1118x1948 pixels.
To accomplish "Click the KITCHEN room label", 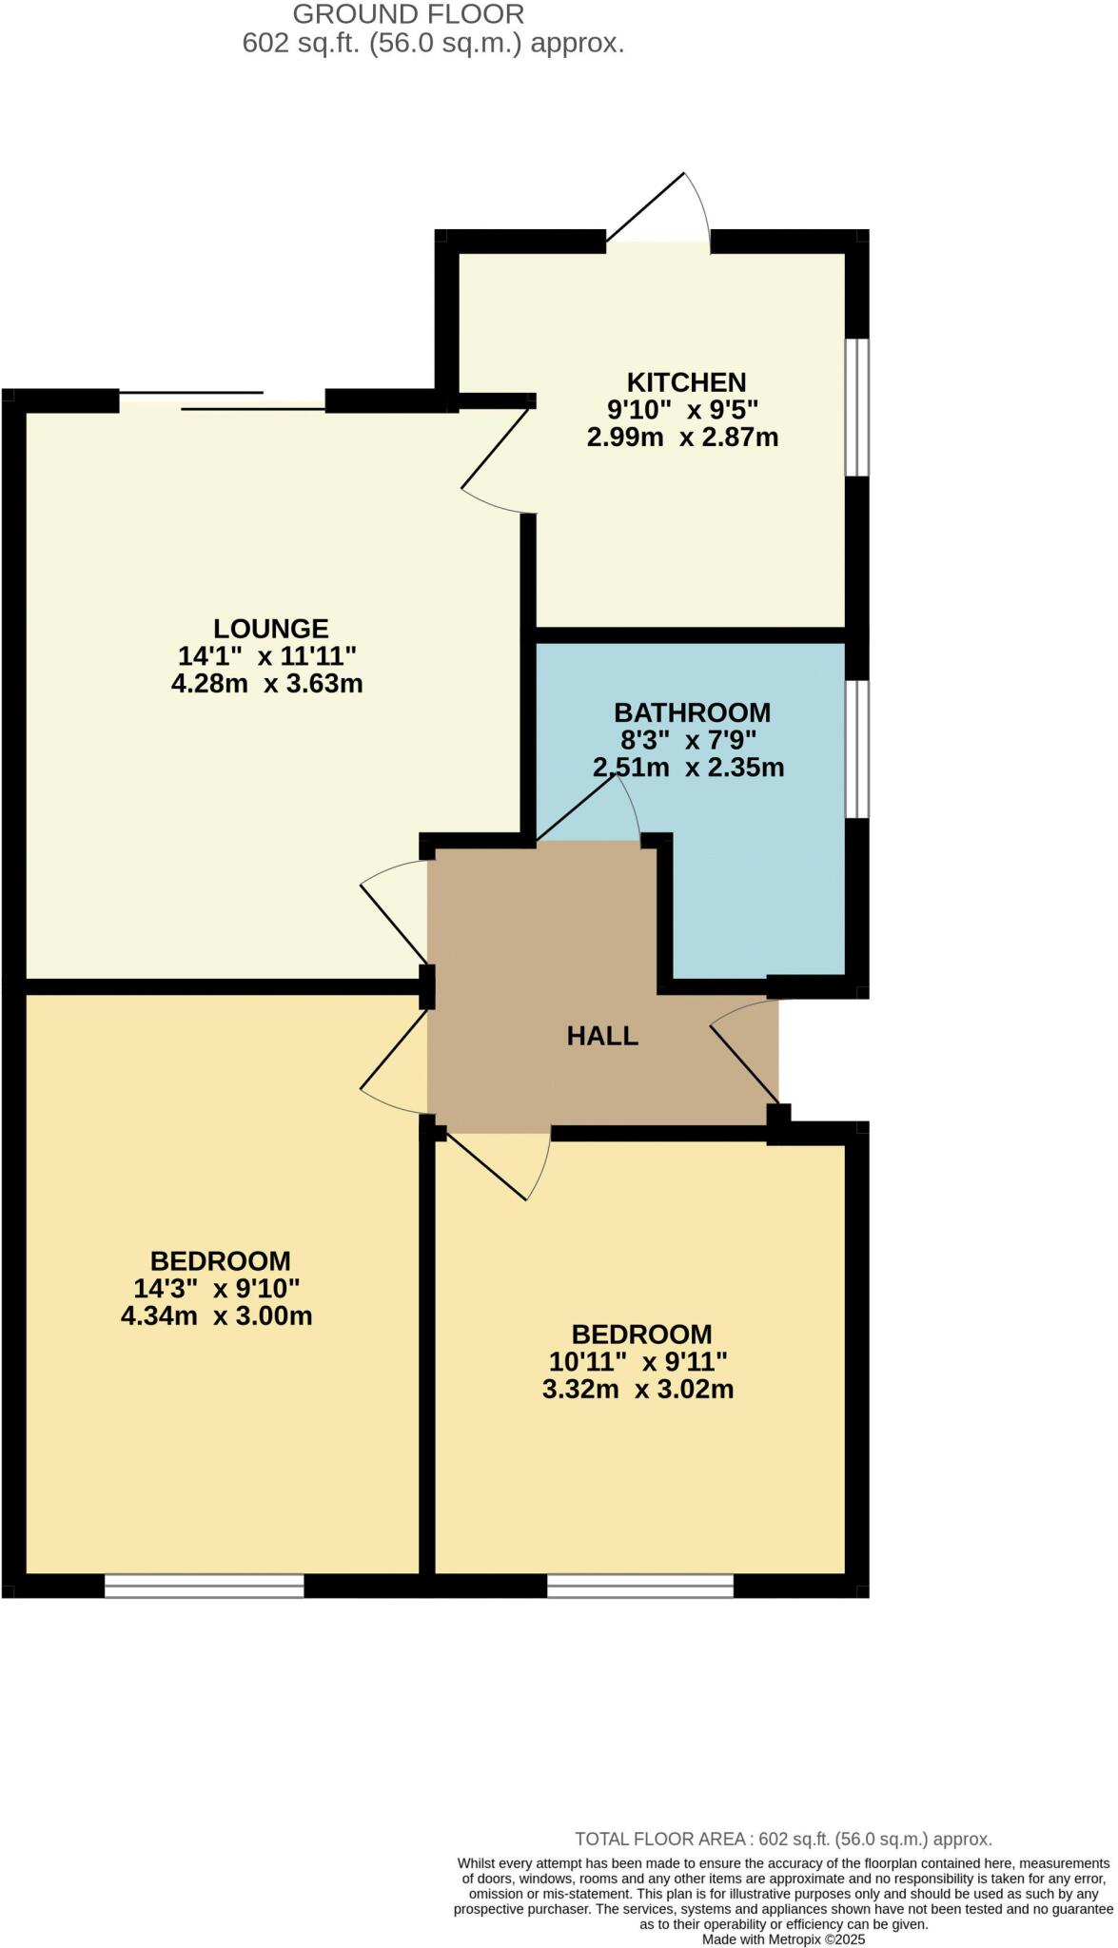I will tap(685, 382).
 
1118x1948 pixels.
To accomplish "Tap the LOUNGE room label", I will tap(270, 629).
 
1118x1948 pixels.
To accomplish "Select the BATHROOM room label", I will tap(692, 712).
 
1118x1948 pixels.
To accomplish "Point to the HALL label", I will tap(602, 1036).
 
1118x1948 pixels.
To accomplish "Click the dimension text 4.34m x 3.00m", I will tap(217, 1316).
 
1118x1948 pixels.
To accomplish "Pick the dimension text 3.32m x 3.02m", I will tap(637, 1390).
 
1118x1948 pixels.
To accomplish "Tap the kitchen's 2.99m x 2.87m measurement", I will tap(682, 438).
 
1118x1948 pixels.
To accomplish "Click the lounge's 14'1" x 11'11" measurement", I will tap(267, 656).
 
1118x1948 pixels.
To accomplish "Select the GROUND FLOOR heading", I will tap(408, 14).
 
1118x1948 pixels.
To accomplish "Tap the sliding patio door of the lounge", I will tap(223, 400).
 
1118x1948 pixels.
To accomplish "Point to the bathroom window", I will tap(857, 749).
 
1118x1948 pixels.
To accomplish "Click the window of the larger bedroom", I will tap(204, 1586).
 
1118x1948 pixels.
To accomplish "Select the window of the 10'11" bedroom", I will tap(640, 1586).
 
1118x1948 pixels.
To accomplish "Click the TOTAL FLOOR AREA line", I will tap(783, 1840).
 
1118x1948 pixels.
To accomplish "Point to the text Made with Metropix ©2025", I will tap(783, 1938).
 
